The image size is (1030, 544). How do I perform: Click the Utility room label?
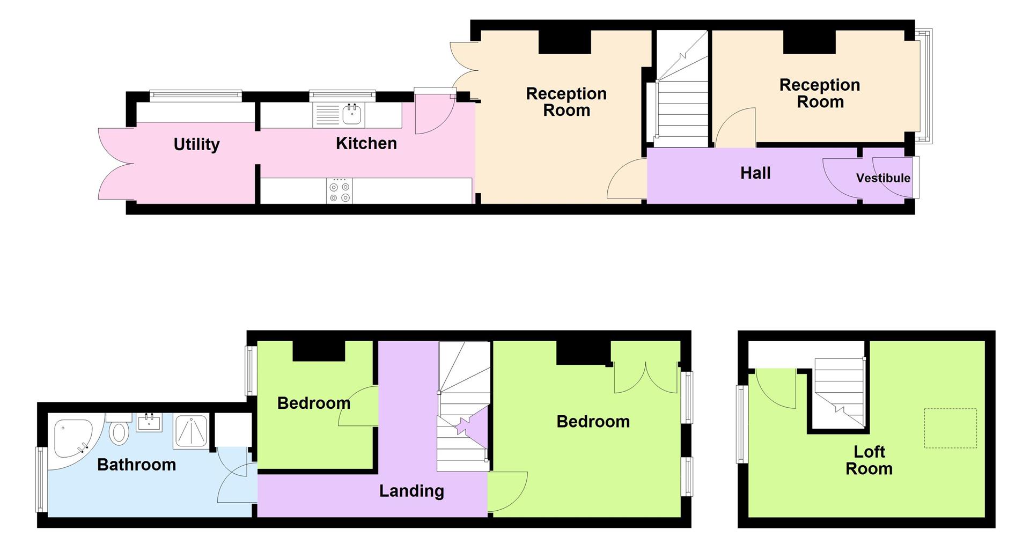click(x=196, y=144)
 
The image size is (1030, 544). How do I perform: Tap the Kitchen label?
click(x=366, y=143)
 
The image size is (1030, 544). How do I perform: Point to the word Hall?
click(x=755, y=173)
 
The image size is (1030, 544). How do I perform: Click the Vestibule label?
click(x=882, y=178)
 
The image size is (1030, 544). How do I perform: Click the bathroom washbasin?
click(x=149, y=423)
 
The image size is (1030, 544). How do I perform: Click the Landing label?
click(x=411, y=491)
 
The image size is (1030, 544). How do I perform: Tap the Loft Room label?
click(x=869, y=460)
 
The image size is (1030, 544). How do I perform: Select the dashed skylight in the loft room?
click(x=950, y=428)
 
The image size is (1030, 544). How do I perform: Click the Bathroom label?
click(x=136, y=465)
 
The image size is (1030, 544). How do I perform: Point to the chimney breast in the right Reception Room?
click(x=809, y=42)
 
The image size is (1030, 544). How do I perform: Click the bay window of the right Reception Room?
click(x=924, y=86)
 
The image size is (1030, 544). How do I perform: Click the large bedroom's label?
click(x=593, y=422)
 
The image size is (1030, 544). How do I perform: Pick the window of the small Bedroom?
click(x=251, y=371)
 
